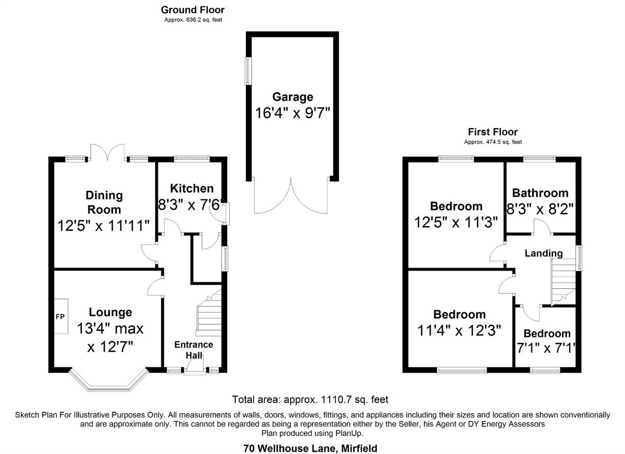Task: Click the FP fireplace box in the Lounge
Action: pos(61,317)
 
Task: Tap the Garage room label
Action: pos(293,97)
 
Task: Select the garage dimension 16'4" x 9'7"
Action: pos(292,112)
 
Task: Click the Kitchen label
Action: pos(192,188)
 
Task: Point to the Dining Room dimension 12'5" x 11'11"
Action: pos(104,226)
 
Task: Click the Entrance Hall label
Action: pos(194,350)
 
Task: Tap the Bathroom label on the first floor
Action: pos(540,193)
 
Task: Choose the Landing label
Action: pos(544,253)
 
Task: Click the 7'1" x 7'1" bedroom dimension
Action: pos(546,348)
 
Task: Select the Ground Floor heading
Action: pos(193,10)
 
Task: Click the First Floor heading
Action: pos(493,132)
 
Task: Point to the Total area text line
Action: pos(310,399)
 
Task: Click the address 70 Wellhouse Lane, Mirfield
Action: pos(310,448)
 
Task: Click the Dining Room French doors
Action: pos(108,153)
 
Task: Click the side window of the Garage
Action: pos(249,71)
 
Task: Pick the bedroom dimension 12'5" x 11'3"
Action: pos(456,223)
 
